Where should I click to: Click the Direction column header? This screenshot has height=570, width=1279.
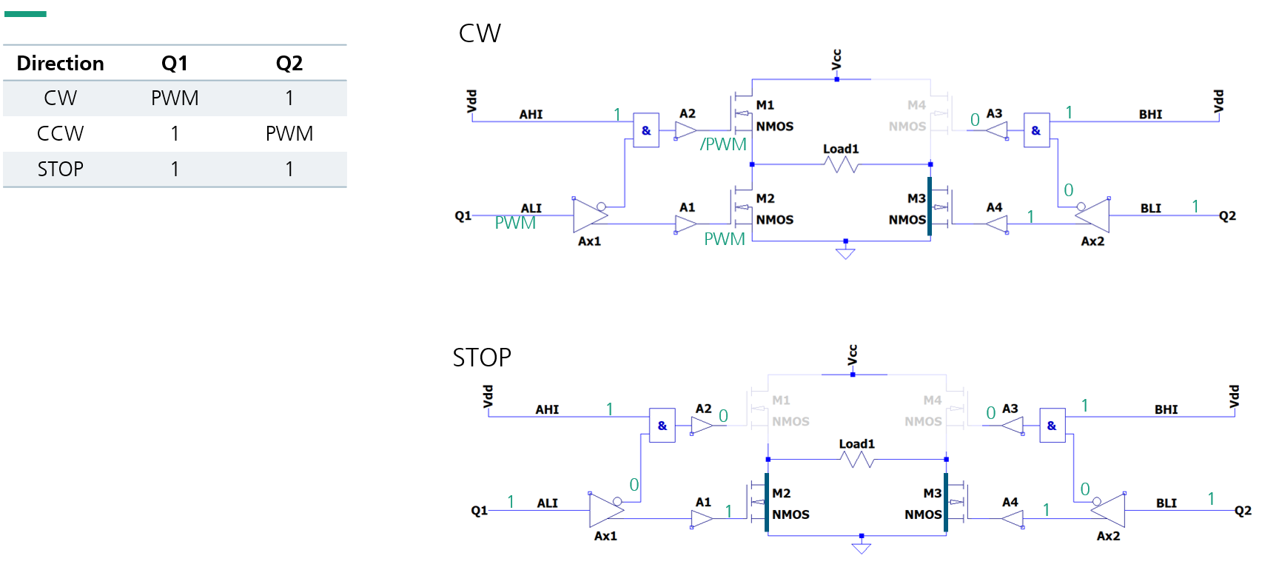[60, 64]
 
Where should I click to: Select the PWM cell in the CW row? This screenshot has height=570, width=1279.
[175, 98]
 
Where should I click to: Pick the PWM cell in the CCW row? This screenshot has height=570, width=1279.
[289, 134]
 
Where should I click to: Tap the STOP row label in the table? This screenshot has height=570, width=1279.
[60, 170]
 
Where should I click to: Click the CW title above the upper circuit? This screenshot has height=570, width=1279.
[480, 33]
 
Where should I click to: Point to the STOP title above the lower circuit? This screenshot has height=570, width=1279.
[482, 358]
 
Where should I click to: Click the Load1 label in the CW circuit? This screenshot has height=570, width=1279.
[841, 149]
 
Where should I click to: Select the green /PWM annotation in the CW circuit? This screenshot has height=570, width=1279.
[723, 144]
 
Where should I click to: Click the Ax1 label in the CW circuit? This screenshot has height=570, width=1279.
[589, 241]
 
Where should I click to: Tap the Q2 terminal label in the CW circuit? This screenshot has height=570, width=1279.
[1227, 216]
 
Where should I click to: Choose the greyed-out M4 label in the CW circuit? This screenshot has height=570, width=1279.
[916, 105]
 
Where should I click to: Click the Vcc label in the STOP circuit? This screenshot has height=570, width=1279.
[853, 355]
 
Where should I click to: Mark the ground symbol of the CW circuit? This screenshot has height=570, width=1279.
[845, 253]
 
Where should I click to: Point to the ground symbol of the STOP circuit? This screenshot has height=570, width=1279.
[862, 548]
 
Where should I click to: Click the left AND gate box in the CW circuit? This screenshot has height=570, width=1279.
[646, 131]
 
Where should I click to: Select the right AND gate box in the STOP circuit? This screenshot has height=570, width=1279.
[1052, 426]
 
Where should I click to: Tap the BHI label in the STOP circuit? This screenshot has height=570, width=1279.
[1166, 409]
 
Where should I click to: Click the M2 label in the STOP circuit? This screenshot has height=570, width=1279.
[781, 493]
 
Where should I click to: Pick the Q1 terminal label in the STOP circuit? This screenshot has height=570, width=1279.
[479, 511]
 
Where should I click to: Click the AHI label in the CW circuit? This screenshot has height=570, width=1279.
[531, 115]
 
